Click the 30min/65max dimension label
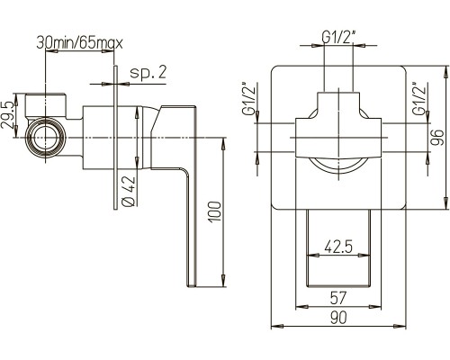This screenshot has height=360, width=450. coord(79,43)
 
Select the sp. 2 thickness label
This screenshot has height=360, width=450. coord(148,72)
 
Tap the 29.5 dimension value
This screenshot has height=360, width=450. coord(8,114)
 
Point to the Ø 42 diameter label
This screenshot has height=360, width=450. coord(130,192)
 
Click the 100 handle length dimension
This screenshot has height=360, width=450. coord(215,211)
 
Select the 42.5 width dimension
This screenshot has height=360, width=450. coord(338,247)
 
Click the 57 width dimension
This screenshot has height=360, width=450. coord(338,298)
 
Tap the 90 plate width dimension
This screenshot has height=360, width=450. coord(338,318)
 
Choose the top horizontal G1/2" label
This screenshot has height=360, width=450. coord(338,38)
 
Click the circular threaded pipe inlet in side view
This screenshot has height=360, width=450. coord(46,138)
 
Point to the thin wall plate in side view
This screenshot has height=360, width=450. coord(115,137)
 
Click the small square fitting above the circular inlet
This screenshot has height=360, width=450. coord(45,106)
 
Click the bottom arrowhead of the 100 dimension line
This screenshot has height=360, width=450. coord(223,281)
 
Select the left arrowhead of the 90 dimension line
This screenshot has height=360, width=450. coord(277,326)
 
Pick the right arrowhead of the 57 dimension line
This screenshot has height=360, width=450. coord(374,307)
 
